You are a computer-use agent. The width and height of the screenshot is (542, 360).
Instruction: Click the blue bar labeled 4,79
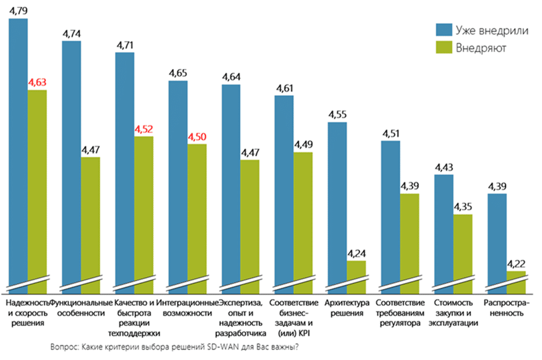coord(18,151)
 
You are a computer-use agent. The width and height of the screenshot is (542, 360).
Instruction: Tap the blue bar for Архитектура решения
coord(338,203)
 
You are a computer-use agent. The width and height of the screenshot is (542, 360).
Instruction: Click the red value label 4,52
coord(144,129)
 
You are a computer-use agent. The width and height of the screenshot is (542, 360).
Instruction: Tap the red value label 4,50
coord(197,136)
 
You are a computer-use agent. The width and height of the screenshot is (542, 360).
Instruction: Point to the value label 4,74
coord(71,34)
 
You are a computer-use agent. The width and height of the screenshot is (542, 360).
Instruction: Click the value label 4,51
coord(391,134)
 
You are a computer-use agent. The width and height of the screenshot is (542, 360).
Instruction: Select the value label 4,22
coord(516,264)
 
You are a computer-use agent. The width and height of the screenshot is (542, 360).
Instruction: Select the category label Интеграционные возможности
coord(187,308)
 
